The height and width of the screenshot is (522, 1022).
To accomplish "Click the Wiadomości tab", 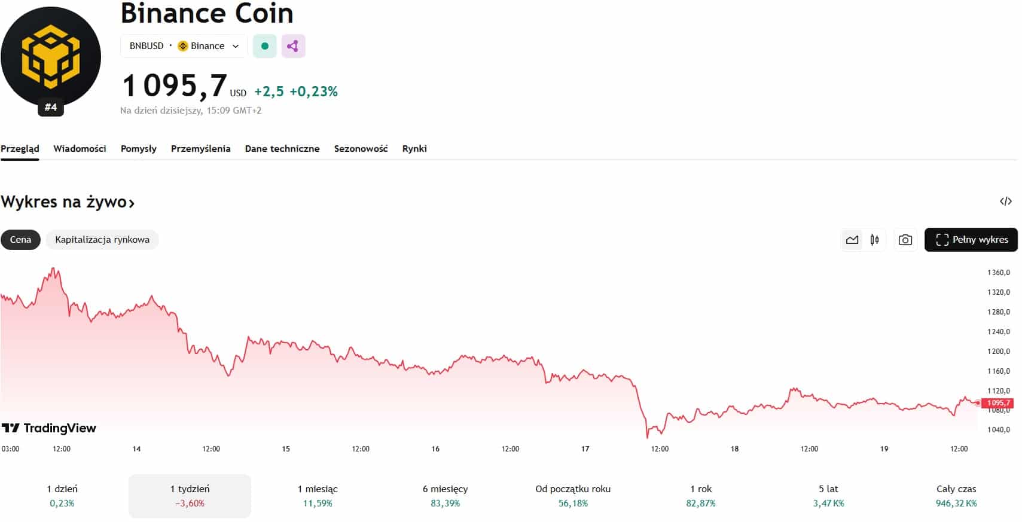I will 80,148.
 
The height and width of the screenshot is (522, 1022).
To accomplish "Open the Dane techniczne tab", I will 282,148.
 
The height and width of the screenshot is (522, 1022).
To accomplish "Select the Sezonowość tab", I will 361,148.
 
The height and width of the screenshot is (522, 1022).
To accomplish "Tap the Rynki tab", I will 414,148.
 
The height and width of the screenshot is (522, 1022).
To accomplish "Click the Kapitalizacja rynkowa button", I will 102,240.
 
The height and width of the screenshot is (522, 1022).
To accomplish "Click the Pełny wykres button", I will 971,240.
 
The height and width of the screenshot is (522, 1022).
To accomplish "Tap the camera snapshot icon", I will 905,240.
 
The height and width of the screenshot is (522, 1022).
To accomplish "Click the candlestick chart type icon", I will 874,240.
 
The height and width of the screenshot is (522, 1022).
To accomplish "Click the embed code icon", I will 1005,202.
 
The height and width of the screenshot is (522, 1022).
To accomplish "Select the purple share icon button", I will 293,46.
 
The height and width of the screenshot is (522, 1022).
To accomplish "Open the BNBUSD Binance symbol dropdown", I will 184,46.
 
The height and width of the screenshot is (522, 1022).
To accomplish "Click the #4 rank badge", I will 51,108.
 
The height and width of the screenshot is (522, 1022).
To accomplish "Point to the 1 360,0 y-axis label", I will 998,273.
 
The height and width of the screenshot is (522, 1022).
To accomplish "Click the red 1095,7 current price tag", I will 998,403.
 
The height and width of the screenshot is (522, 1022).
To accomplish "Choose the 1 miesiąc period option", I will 318,496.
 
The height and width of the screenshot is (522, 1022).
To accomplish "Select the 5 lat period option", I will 828,496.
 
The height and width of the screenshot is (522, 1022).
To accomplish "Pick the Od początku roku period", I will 573,496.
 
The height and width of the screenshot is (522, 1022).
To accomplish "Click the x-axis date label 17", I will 585,448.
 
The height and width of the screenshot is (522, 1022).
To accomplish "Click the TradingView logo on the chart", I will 49,428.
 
